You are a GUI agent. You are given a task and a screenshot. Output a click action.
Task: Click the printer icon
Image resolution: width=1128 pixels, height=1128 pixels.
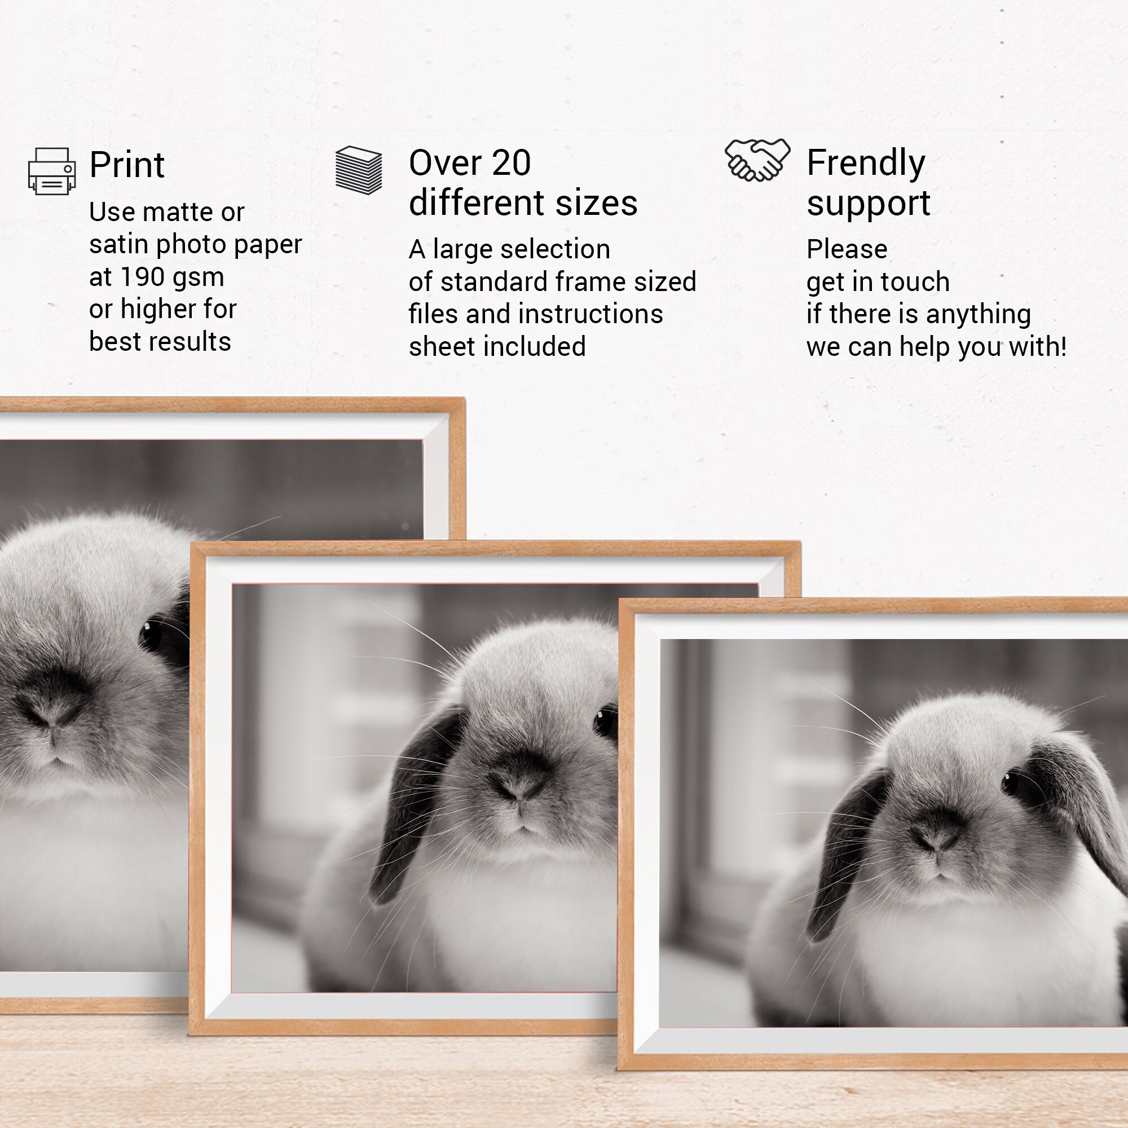tap(52, 171)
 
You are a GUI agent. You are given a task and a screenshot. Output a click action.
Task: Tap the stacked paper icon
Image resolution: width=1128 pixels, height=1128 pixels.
tap(359, 170)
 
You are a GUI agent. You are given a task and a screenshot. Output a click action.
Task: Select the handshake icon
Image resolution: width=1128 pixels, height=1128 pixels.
tap(757, 160)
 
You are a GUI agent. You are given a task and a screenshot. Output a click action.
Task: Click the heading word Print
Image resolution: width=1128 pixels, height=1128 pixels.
tap(127, 165)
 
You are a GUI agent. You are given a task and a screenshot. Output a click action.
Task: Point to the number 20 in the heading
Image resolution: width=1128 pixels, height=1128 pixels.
tap(511, 162)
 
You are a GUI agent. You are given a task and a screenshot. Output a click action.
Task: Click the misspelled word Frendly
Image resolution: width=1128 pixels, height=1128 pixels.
tap(866, 163)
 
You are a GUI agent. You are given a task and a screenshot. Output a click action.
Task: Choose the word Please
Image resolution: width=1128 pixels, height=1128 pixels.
tap(847, 250)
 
